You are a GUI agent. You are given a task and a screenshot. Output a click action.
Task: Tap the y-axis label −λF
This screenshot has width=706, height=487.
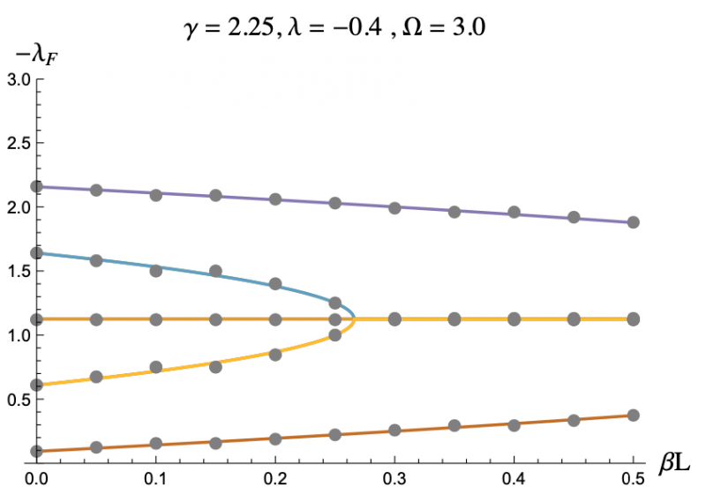click(x=29, y=59)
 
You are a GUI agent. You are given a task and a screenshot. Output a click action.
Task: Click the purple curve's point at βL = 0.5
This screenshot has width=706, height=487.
click(x=633, y=222)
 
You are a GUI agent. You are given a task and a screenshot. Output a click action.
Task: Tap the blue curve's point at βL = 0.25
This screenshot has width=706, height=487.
click(x=334, y=303)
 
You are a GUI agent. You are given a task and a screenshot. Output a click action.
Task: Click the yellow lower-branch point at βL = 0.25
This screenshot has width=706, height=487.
click(x=334, y=335)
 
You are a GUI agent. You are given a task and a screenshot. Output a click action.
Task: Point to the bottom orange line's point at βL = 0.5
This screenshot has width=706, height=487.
click(x=633, y=416)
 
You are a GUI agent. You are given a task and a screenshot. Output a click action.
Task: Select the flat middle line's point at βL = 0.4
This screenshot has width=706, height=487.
click(x=514, y=319)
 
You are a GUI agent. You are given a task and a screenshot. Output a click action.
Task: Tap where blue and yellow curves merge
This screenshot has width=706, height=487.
click(x=355, y=318)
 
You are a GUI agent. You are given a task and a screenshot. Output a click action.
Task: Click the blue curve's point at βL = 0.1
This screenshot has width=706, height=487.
click(x=156, y=271)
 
